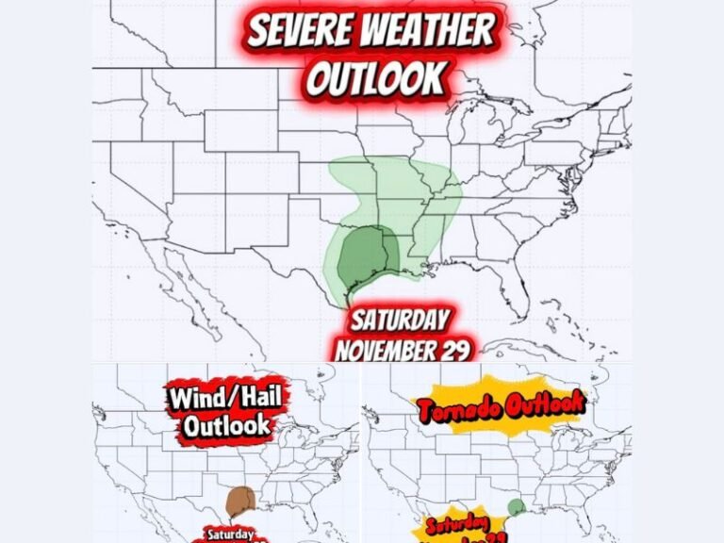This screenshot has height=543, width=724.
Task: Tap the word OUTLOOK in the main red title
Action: (x=375, y=80)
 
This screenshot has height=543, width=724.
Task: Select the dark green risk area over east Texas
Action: (x=363, y=256)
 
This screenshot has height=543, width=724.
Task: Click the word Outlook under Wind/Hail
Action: (x=227, y=425)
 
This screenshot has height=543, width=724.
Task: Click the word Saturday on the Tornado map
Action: (x=456, y=525)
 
